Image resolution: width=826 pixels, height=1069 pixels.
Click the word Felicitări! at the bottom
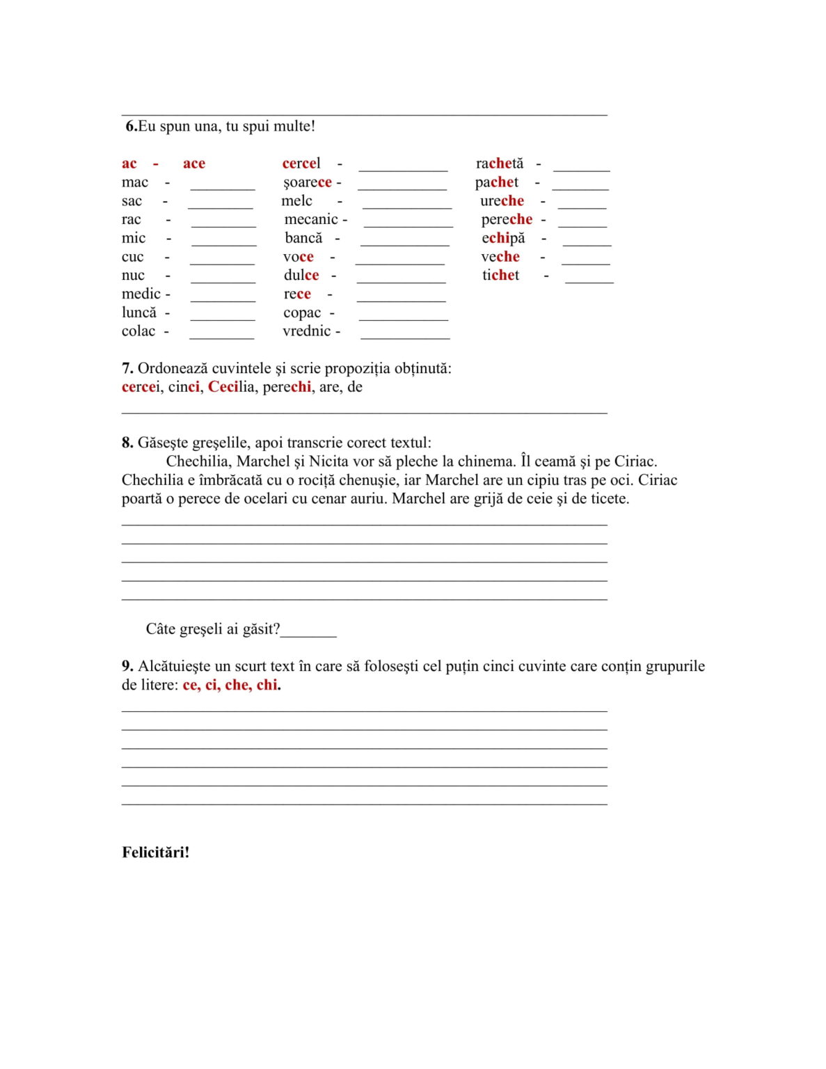point(155,852)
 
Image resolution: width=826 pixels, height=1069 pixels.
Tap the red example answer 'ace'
point(193,164)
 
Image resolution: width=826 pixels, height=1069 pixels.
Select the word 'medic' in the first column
point(141,294)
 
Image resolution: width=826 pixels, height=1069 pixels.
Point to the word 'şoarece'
point(307,182)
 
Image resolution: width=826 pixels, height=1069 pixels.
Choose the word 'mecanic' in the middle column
point(311,219)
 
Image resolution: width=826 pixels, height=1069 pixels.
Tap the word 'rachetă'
point(499,164)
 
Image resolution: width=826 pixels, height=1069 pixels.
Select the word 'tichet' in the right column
point(500,275)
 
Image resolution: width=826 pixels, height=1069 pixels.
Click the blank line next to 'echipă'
point(587,241)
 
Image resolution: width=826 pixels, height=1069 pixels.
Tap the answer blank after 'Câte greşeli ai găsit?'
point(308,633)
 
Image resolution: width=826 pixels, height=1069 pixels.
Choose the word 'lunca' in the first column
point(139,312)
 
